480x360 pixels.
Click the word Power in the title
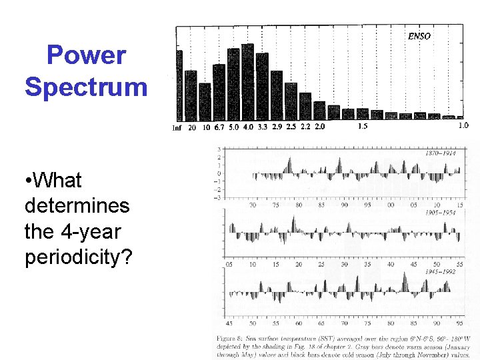86,55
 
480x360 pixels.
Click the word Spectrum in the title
86,87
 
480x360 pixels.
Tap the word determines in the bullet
77,205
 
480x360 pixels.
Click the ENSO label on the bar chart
419,36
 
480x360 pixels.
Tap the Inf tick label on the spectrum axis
177,127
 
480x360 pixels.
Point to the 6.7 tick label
219,127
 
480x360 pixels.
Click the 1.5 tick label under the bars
363,126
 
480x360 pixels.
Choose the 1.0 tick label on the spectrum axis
463,125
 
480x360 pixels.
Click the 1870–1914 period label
440,153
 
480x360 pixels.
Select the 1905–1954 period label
440,213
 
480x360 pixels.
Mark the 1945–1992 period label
440,271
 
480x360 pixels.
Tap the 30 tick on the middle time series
344,264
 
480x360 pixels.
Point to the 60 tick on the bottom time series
299,323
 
